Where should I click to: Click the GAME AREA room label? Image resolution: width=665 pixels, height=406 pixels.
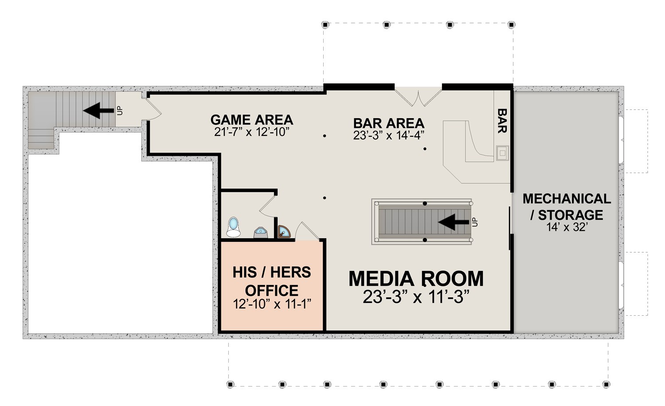click(x=252, y=120)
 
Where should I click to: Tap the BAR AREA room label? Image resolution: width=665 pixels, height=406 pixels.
click(x=389, y=124)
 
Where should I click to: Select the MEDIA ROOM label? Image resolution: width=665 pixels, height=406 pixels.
click(x=416, y=278)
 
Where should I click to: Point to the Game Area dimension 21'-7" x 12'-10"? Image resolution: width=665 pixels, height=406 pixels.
click(x=252, y=132)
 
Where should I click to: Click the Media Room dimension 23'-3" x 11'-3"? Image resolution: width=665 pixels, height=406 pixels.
click(x=416, y=297)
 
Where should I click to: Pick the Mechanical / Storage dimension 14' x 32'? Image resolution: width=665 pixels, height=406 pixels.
click(x=567, y=227)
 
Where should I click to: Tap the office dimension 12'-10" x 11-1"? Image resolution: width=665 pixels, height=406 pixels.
click(x=272, y=304)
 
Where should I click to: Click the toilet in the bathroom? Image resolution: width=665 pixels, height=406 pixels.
click(x=233, y=227)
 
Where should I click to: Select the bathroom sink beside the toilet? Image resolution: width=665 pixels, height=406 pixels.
click(x=261, y=232)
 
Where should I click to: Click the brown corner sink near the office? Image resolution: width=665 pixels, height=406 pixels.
click(x=284, y=232)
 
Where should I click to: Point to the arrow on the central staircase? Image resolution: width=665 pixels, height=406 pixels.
click(x=454, y=222)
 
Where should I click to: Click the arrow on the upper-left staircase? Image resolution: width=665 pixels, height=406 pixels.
click(x=98, y=111)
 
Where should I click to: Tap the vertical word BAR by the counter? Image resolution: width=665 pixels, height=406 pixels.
click(x=502, y=121)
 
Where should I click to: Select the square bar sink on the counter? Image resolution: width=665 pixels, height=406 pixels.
click(x=502, y=153)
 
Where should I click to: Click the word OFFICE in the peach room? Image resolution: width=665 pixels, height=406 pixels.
click(x=272, y=290)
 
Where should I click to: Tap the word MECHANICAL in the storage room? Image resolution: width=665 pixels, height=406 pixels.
click(x=567, y=199)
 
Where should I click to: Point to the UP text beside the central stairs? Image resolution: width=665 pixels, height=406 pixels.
click(x=475, y=222)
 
